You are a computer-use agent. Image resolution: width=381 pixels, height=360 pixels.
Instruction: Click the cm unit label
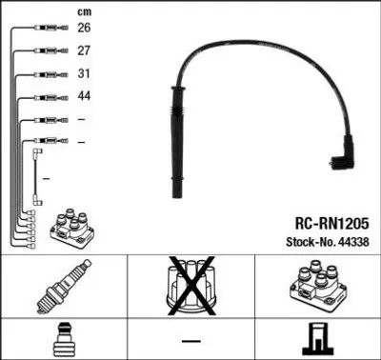click(84, 12)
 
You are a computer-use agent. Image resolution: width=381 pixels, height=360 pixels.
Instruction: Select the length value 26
click(84, 28)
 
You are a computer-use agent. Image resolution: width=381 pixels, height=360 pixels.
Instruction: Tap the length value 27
click(84, 50)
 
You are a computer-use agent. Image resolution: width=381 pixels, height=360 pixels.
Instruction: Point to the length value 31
click(84, 73)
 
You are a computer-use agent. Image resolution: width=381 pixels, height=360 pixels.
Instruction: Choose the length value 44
click(84, 96)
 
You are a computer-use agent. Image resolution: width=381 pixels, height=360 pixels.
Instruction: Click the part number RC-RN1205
click(331, 224)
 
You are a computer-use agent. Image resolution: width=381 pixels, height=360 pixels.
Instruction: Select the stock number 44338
click(354, 242)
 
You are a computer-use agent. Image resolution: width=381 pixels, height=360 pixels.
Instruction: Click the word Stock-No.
click(311, 242)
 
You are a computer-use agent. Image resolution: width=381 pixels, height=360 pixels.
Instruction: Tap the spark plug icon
click(64, 287)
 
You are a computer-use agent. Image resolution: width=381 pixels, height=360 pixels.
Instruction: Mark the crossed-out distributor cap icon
click(191, 287)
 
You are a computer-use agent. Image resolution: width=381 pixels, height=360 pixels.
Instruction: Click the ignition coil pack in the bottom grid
click(318, 285)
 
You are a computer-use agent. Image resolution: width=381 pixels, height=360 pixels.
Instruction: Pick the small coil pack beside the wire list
click(72, 229)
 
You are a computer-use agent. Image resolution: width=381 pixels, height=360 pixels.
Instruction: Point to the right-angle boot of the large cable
click(343, 153)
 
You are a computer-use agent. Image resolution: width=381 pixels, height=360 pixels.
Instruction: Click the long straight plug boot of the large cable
click(177, 142)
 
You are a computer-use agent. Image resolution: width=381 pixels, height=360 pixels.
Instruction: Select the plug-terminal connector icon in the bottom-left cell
click(64, 340)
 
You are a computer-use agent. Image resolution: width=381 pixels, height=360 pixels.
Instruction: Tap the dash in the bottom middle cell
click(191, 341)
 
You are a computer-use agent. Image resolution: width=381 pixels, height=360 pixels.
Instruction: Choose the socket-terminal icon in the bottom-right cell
click(317, 339)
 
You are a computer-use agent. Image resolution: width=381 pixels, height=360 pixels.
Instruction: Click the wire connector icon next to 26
click(51, 28)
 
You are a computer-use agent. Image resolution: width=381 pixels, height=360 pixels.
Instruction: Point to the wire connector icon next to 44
click(51, 97)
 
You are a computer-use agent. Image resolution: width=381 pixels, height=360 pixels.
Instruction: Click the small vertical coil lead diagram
click(37, 176)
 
